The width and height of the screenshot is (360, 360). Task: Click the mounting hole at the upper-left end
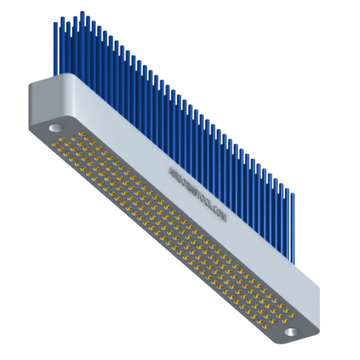tap(56, 125)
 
